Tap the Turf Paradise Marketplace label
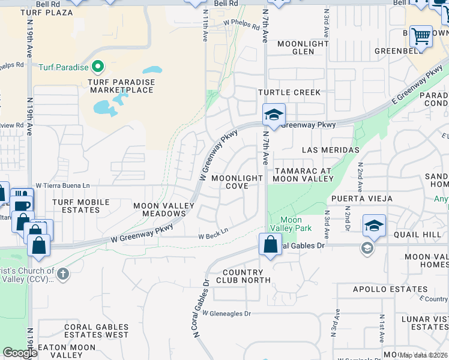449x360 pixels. tap(122, 86)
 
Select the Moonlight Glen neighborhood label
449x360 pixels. tap(303, 48)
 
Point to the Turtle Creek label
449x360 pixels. tap(289, 92)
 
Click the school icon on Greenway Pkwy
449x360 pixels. tap(274, 115)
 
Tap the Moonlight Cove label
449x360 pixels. tap(237, 182)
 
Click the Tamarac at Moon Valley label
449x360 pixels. tap(303, 175)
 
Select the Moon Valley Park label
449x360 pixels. tap(291, 224)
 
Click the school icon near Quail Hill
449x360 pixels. tap(374, 225)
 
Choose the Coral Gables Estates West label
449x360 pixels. tap(96, 331)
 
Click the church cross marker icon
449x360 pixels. tap(62, 274)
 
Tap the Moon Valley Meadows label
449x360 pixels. tap(164, 210)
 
